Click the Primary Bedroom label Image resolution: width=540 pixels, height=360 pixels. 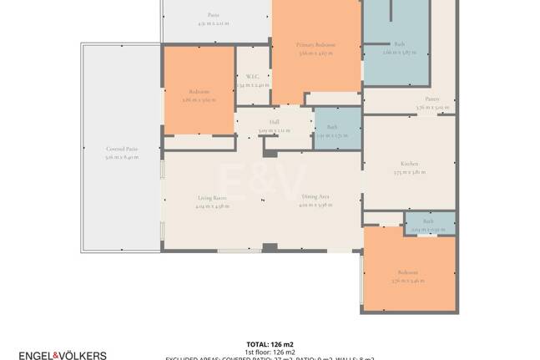tap(316, 44)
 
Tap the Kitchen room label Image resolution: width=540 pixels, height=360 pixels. tap(409, 164)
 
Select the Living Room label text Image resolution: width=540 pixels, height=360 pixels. tap(211, 197)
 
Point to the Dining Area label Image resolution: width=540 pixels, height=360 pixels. tap(315, 197)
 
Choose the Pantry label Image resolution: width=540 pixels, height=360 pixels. tap(432, 99)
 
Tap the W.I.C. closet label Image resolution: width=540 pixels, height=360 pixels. tap(253, 76)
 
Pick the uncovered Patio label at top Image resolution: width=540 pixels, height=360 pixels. tap(214, 15)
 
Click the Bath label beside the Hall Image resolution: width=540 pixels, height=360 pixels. tap(332, 127)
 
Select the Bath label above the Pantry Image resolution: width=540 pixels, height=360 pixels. tap(399, 43)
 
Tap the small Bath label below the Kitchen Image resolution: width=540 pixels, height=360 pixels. tap(428, 221)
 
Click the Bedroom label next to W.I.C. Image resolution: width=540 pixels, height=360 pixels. tap(199, 91)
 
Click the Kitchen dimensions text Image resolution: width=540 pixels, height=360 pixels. tap(409, 172)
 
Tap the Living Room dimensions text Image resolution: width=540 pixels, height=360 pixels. tap(211, 205)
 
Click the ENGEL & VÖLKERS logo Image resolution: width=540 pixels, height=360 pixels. tap(63, 355)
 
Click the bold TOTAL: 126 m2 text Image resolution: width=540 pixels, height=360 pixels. tap(270, 344)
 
